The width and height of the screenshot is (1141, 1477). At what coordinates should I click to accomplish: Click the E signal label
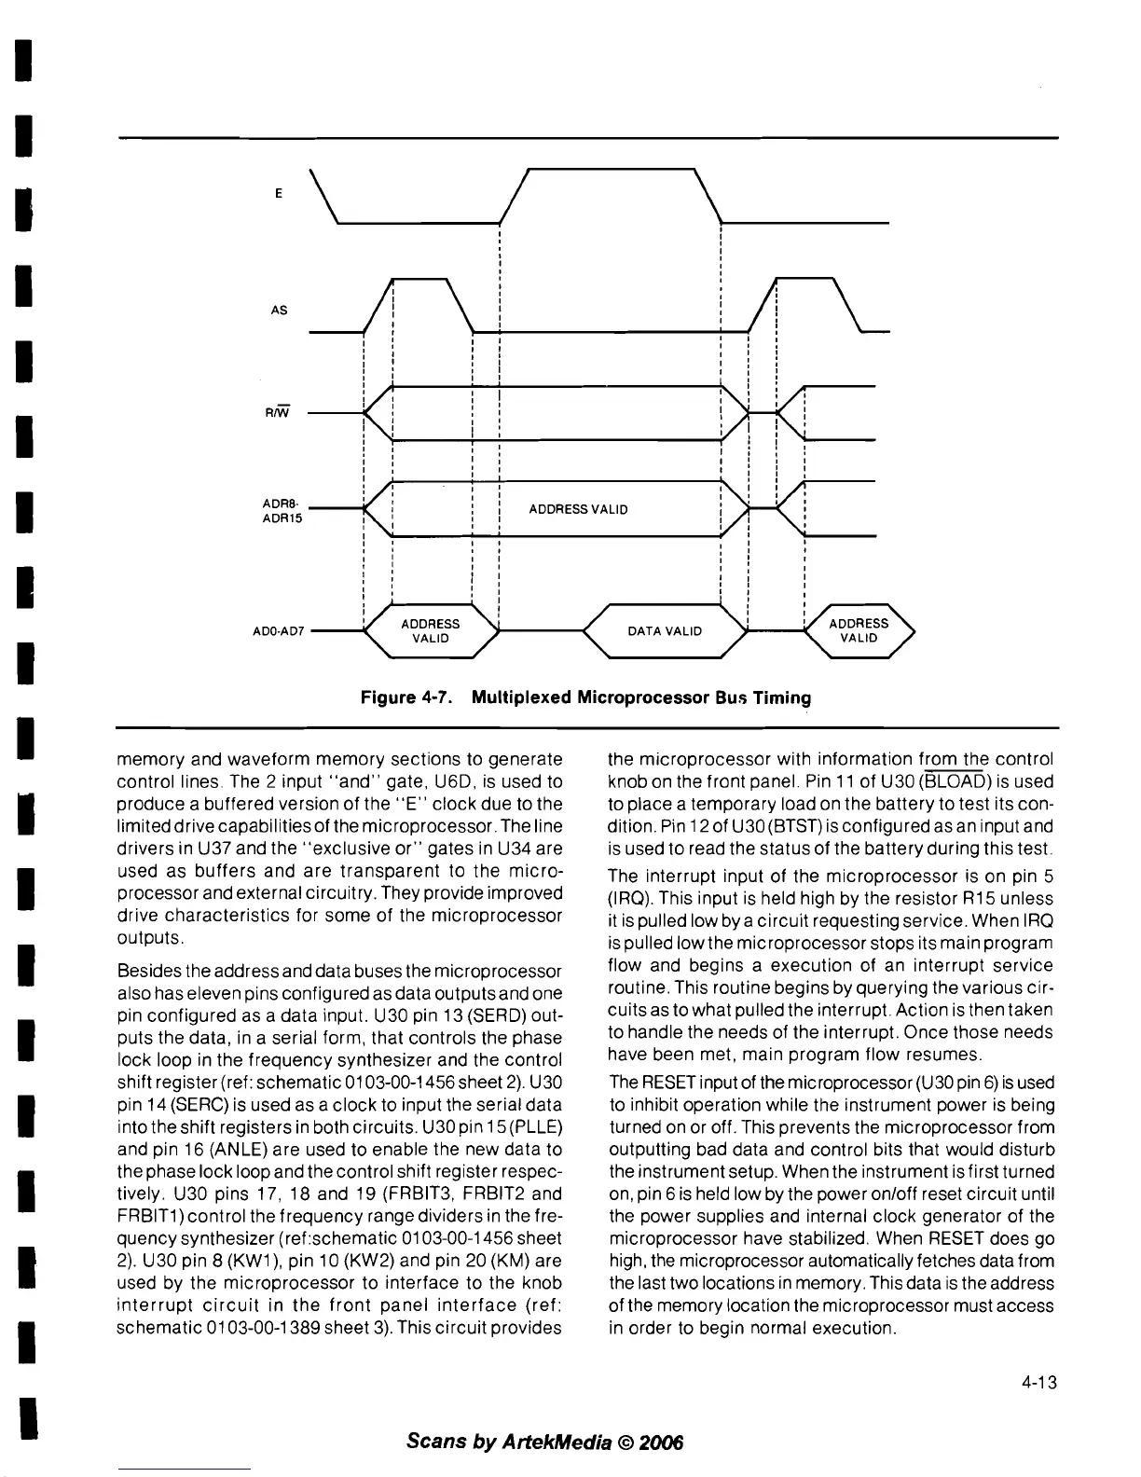(x=278, y=194)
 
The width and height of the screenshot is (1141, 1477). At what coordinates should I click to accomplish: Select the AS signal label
(x=279, y=311)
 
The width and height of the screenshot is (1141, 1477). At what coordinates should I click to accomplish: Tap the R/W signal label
(x=278, y=411)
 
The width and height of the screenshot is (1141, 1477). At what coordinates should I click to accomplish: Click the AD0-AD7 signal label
(x=279, y=631)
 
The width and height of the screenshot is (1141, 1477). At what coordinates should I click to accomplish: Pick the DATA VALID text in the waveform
(x=664, y=631)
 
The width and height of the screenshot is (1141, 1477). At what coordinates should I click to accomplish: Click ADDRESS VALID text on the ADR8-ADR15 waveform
(x=578, y=509)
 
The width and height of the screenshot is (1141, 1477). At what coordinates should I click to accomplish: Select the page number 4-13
(x=1037, y=1382)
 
